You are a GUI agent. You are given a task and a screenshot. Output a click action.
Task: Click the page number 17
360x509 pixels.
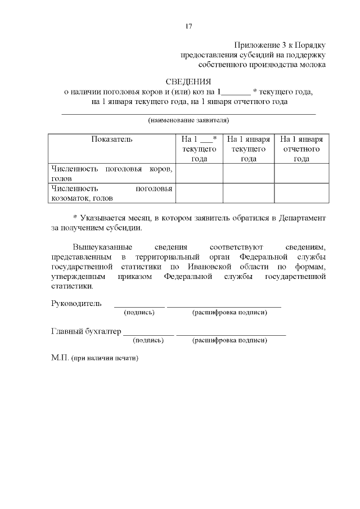coord(188,26)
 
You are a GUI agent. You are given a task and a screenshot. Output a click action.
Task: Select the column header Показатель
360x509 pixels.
coord(111,139)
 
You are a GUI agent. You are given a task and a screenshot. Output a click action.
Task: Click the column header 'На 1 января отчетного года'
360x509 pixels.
coord(301,149)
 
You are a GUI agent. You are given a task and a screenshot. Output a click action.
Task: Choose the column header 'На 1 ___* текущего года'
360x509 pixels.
coord(199,149)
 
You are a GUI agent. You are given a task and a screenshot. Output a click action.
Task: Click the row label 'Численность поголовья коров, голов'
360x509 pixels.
coord(111,173)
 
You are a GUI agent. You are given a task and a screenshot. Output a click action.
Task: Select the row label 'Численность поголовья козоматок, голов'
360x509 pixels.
coord(111,193)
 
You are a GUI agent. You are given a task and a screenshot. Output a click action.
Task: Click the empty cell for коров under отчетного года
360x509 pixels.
coord(301,173)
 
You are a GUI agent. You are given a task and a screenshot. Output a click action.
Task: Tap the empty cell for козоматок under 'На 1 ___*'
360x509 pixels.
coord(199,193)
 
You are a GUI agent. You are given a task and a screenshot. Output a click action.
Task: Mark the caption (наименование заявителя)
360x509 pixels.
coord(188,120)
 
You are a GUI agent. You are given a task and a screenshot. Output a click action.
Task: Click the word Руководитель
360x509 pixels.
coord(76,304)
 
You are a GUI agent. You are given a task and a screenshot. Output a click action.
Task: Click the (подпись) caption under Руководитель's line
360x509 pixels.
coord(139,312)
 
